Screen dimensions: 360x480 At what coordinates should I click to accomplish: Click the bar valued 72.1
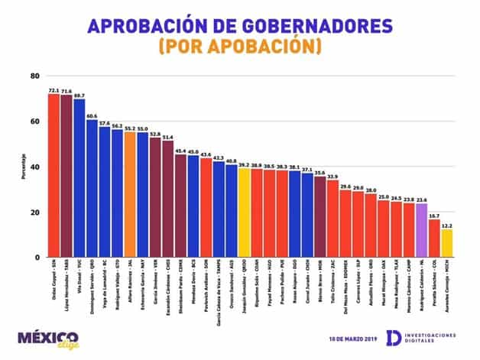pyautogui.click(x=54, y=176)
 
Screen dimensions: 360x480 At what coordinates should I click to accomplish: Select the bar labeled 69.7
pyautogui.click(x=79, y=179)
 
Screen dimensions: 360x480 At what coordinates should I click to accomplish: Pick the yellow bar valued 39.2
pyautogui.click(x=243, y=213)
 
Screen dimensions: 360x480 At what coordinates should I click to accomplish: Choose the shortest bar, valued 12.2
pyautogui.click(x=446, y=244)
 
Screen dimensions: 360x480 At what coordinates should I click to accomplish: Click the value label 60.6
pyautogui.click(x=92, y=115)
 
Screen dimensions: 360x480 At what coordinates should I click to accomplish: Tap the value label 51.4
pyautogui.click(x=167, y=137)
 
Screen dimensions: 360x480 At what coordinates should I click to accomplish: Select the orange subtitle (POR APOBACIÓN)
pyautogui.click(x=240, y=47)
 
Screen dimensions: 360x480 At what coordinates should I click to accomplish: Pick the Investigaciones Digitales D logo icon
pyautogui.click(x=392, y=338)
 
